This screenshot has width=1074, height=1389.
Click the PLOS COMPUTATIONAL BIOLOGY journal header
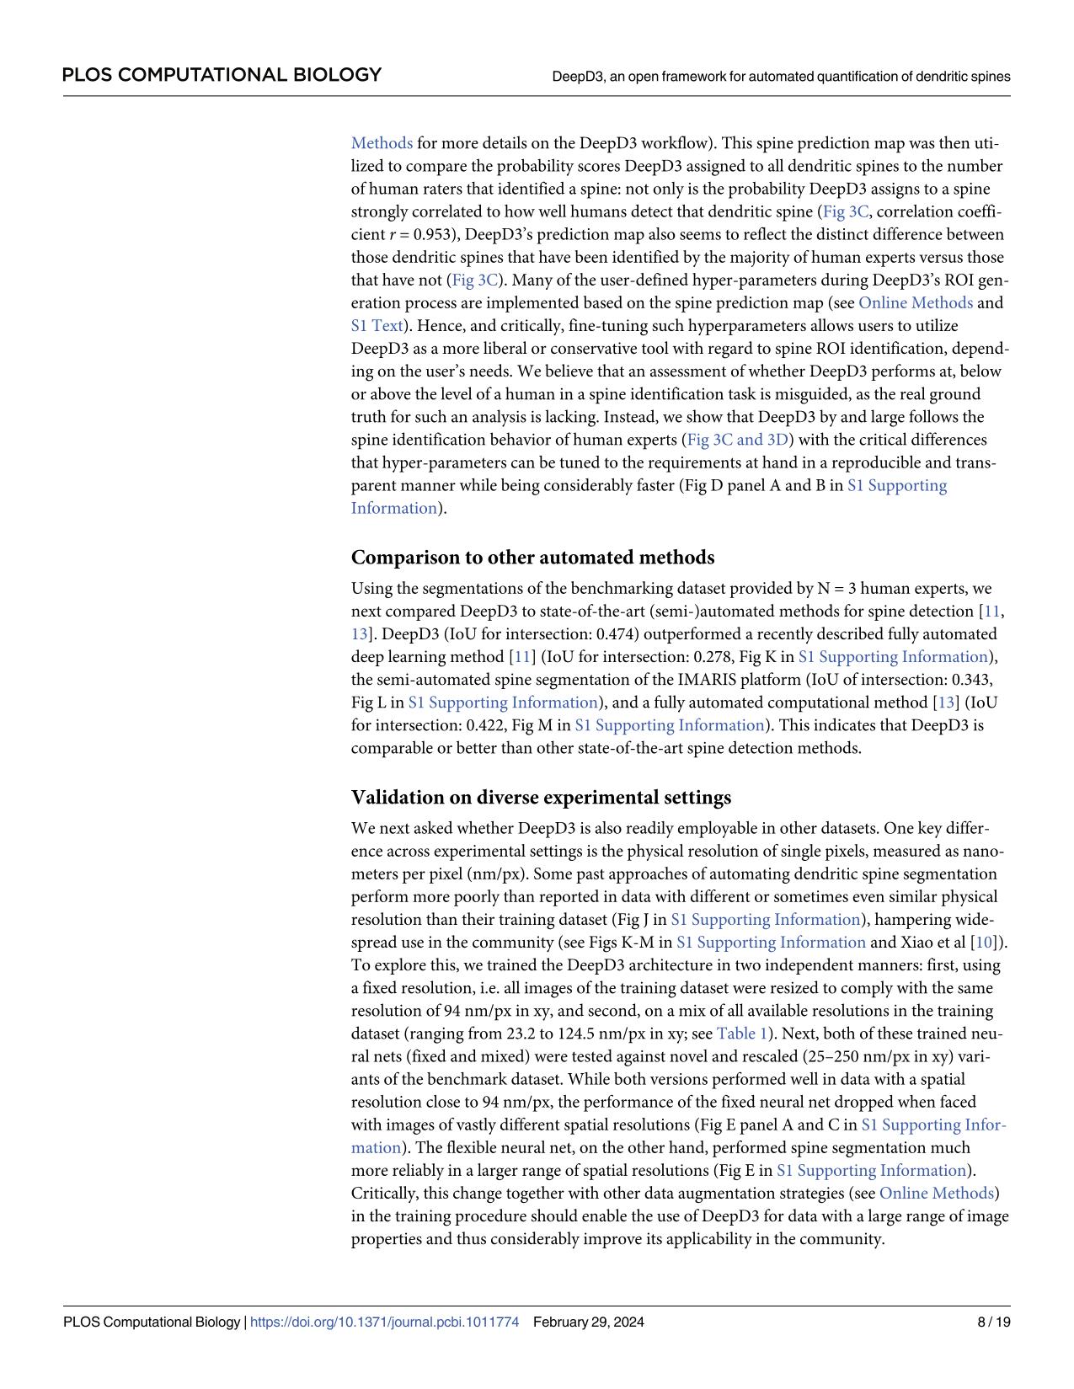(222, 75)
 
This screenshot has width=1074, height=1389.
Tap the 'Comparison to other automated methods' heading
(532, 558)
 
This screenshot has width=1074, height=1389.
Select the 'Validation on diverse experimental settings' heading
(541, 797)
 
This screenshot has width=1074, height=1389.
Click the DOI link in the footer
(385, 1322)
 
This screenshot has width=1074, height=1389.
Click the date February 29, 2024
(589, 1322)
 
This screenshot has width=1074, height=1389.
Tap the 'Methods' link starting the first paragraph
(382, 143)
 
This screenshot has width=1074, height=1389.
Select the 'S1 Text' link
(377, 325)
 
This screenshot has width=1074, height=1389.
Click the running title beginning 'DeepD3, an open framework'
(781, 76)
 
